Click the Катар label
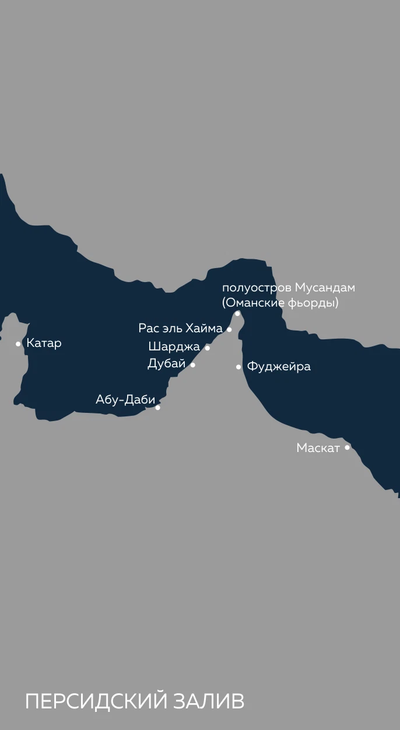(44, 343)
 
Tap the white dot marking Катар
(18, 344)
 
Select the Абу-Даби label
(125, 400)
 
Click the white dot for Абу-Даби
(157, 408)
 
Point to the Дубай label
(166, 364)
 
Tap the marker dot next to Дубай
(193, 365)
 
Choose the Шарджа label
(174, 346)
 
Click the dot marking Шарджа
(207, 348)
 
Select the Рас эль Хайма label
(180, 328)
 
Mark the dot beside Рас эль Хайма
(229, 330)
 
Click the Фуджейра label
(279, 367)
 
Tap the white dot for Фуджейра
(238, 367)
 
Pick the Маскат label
(318, 449)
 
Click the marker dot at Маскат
(347, 448)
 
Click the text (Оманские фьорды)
(280, 303)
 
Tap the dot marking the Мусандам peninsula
(237, 314)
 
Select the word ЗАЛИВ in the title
(209, 702)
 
